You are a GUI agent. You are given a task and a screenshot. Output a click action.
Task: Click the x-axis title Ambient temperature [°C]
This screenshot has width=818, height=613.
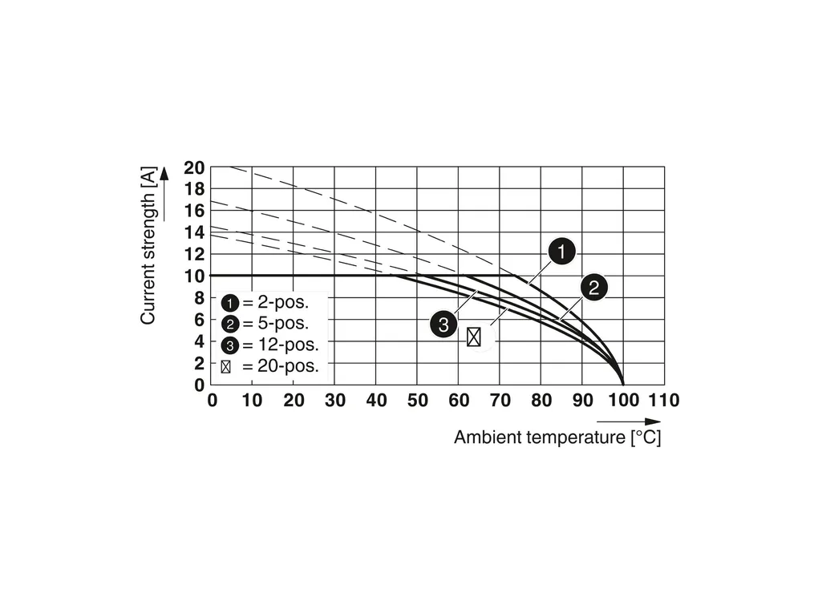tap(557, 438)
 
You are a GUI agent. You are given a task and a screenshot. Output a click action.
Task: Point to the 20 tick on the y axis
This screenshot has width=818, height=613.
tap(195, 168)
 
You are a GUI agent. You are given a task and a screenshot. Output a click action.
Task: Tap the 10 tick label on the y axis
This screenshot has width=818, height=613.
tap(195, 276)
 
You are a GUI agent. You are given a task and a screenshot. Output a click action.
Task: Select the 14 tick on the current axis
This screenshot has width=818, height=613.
tap(195, 233)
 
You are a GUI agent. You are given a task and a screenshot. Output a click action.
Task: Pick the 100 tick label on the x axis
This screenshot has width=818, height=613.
tap(623, 400)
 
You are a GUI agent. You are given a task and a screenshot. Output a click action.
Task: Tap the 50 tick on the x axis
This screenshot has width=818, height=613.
tap(417, 400)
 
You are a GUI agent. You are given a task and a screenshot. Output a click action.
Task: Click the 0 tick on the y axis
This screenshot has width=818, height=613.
tap(200, 385)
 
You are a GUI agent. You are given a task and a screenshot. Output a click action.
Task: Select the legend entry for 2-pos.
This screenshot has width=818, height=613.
tap(265, 303)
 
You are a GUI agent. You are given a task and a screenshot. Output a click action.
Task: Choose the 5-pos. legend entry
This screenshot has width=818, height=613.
tap(265, 325)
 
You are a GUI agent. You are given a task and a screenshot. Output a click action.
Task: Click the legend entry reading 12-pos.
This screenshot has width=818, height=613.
tap(269, 346)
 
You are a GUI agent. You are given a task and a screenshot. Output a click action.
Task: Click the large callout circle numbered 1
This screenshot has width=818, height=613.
tap(561, 252)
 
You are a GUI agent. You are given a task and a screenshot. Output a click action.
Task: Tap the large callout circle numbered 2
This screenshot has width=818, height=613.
tap(593, 288)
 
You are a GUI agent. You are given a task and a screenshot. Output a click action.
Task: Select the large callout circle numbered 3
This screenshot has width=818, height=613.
tap(443, 325)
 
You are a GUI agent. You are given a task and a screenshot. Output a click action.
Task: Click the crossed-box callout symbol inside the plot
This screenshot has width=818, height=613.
tap(474, 337)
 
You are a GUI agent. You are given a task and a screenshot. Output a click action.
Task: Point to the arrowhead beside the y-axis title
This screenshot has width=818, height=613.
tap(164, 174)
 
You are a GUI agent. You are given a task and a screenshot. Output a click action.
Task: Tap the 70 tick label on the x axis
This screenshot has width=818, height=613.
tap(500, 400)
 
